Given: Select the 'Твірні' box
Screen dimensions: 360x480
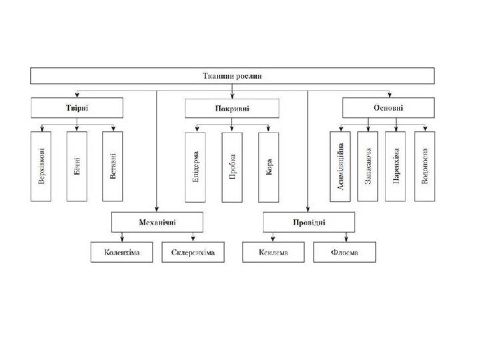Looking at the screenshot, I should click(x=77, y=108).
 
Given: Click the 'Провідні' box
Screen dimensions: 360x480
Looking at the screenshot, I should click(x=308, y=221).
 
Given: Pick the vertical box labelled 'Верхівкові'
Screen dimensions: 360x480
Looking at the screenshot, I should click(x=43, y=165).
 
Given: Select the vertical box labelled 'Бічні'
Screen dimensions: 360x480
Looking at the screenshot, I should click(x=78, y=165).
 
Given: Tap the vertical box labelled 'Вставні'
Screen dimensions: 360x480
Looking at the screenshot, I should click(x=113, y=165).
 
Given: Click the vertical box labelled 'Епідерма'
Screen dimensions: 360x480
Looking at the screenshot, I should click(x=196, y=165).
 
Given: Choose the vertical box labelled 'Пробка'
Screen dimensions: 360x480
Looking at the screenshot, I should click(x=232, y=165).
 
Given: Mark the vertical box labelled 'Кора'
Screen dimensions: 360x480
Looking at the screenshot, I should click(x=269, y=165).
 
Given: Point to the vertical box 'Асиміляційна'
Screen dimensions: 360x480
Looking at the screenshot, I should click(x=340, y=165).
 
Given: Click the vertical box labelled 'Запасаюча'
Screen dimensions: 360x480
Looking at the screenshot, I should click(x=368, y=165).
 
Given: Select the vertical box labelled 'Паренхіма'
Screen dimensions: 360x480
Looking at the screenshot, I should click(x=396, y=165).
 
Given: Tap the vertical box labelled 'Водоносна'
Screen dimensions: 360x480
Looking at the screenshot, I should click(x=425, y=165).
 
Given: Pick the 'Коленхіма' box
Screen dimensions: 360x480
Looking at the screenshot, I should click(x=122, y=252).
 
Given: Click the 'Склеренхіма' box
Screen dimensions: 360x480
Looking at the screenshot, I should click(x=193, y=252).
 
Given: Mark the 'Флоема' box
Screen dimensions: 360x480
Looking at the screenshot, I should click(x=345, y=252).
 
